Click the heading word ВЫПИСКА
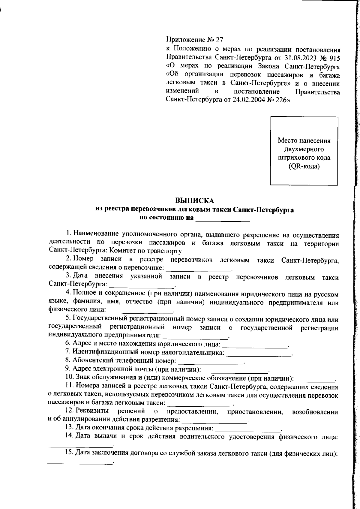click(194, 200)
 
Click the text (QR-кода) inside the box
click(304, 166)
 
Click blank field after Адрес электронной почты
click(236, 369)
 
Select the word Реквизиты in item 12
click(92, 410)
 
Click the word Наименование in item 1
click(94, 234)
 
